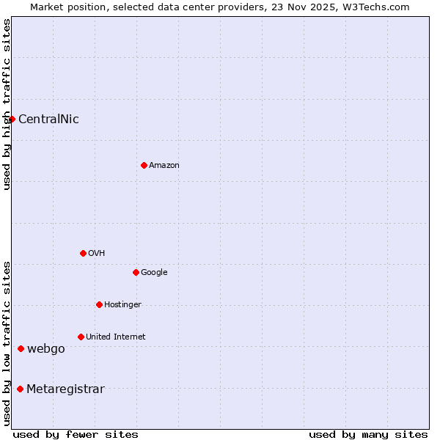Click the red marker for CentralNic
click(x=12, y=119)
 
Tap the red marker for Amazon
click(x=144, y=165)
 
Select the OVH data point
click(x=83, y=253)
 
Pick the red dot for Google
click(x=136, y=272)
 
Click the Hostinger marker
click(x=99, y=304)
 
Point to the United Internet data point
click(x=81, y=337)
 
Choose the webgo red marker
click(x=21, y=348)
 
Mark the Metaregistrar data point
click(x=20, y=389)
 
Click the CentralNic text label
click(x=48, y=120)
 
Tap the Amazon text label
click(x=164, y=165)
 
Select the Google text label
click(x=154, y=272)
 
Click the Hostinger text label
click(x=122, y=304)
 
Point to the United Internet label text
click(x=115, y=337)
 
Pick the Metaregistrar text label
click(x=65, y=389)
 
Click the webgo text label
click(x=45, y=349)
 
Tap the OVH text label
click(x=96, y=253)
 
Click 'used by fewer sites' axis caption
click(x=76, y=434)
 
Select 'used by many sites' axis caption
click(x=368, y=434)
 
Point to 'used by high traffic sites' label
click(x=7, y=104)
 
